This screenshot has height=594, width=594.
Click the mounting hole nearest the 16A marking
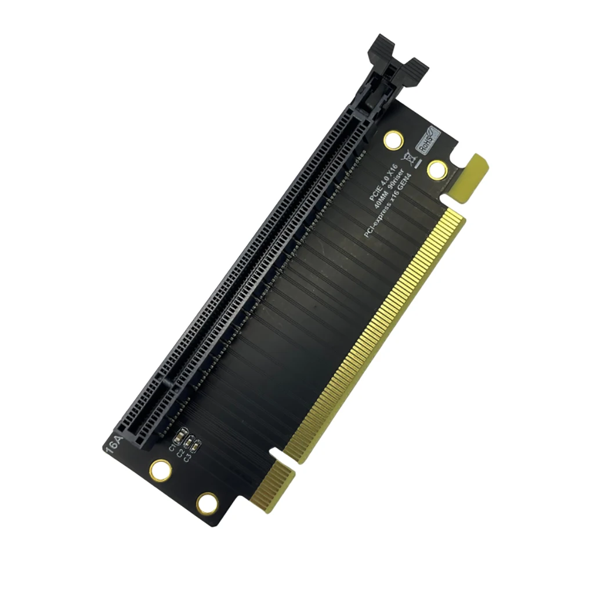tap(160, 469)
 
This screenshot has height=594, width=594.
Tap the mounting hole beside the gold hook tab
tap(437, 169)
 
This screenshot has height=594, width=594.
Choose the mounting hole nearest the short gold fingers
tap(207, 504)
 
